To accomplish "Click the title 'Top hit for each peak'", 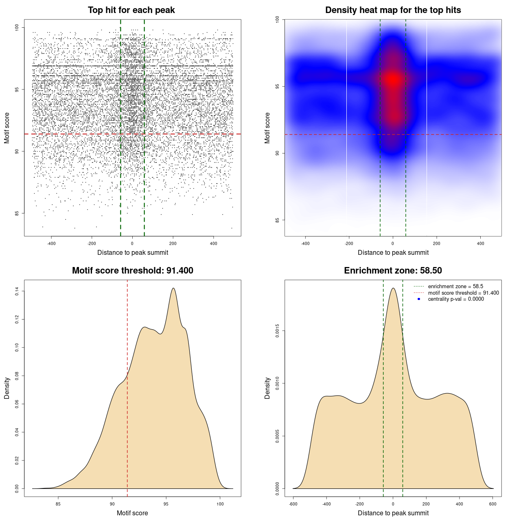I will click(x=131, y=10).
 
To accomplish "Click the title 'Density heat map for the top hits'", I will click(x=393, y=10).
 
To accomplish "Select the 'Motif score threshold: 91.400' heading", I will click(x=132, y=271).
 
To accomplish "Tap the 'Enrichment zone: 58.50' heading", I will click(x=393, y=271).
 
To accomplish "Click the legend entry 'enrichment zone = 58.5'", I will click(x=455, y=287).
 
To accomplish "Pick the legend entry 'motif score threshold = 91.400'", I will click(x=463, y=293).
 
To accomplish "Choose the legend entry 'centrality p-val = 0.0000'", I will click(x=456, y=299).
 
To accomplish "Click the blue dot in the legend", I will click(x=419, y=299).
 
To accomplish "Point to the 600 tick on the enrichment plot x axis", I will click(x=493, y=504).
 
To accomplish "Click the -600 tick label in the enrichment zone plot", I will click(x=293, y=504).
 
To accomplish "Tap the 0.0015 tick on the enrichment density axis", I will click(x=278, y=331).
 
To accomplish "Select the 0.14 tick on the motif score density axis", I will click(x=17, y=291).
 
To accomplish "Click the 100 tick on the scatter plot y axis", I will click(x=17, y=27).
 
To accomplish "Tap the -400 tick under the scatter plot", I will click(x=51, y=243).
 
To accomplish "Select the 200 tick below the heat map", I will click(x=436, y=243).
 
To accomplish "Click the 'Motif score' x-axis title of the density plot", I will click(x=132, y=513).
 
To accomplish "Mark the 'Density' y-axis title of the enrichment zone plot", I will click(x=267, y=388).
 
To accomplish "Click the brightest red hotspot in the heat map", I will click(x=393, y=79).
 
